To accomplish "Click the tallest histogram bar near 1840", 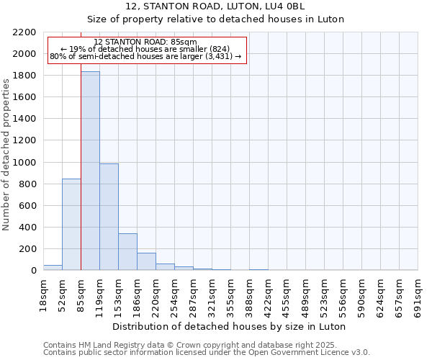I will pos(90,171).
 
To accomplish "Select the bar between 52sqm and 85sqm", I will pos(71,224).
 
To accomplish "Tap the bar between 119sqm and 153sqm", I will pos(109,217).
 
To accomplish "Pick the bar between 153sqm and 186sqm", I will pos(127,251).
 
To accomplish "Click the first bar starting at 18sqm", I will pos(53,267).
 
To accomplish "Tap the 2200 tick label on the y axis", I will pos(24,32).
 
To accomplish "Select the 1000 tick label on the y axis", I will pos(24,163).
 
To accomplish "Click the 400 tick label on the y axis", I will pos(27,228).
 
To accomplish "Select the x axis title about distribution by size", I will pos(230,326).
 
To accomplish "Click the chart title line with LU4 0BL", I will pos(216,6).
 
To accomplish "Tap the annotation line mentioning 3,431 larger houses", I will pos(145,56).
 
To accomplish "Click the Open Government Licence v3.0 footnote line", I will pos(207,352).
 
